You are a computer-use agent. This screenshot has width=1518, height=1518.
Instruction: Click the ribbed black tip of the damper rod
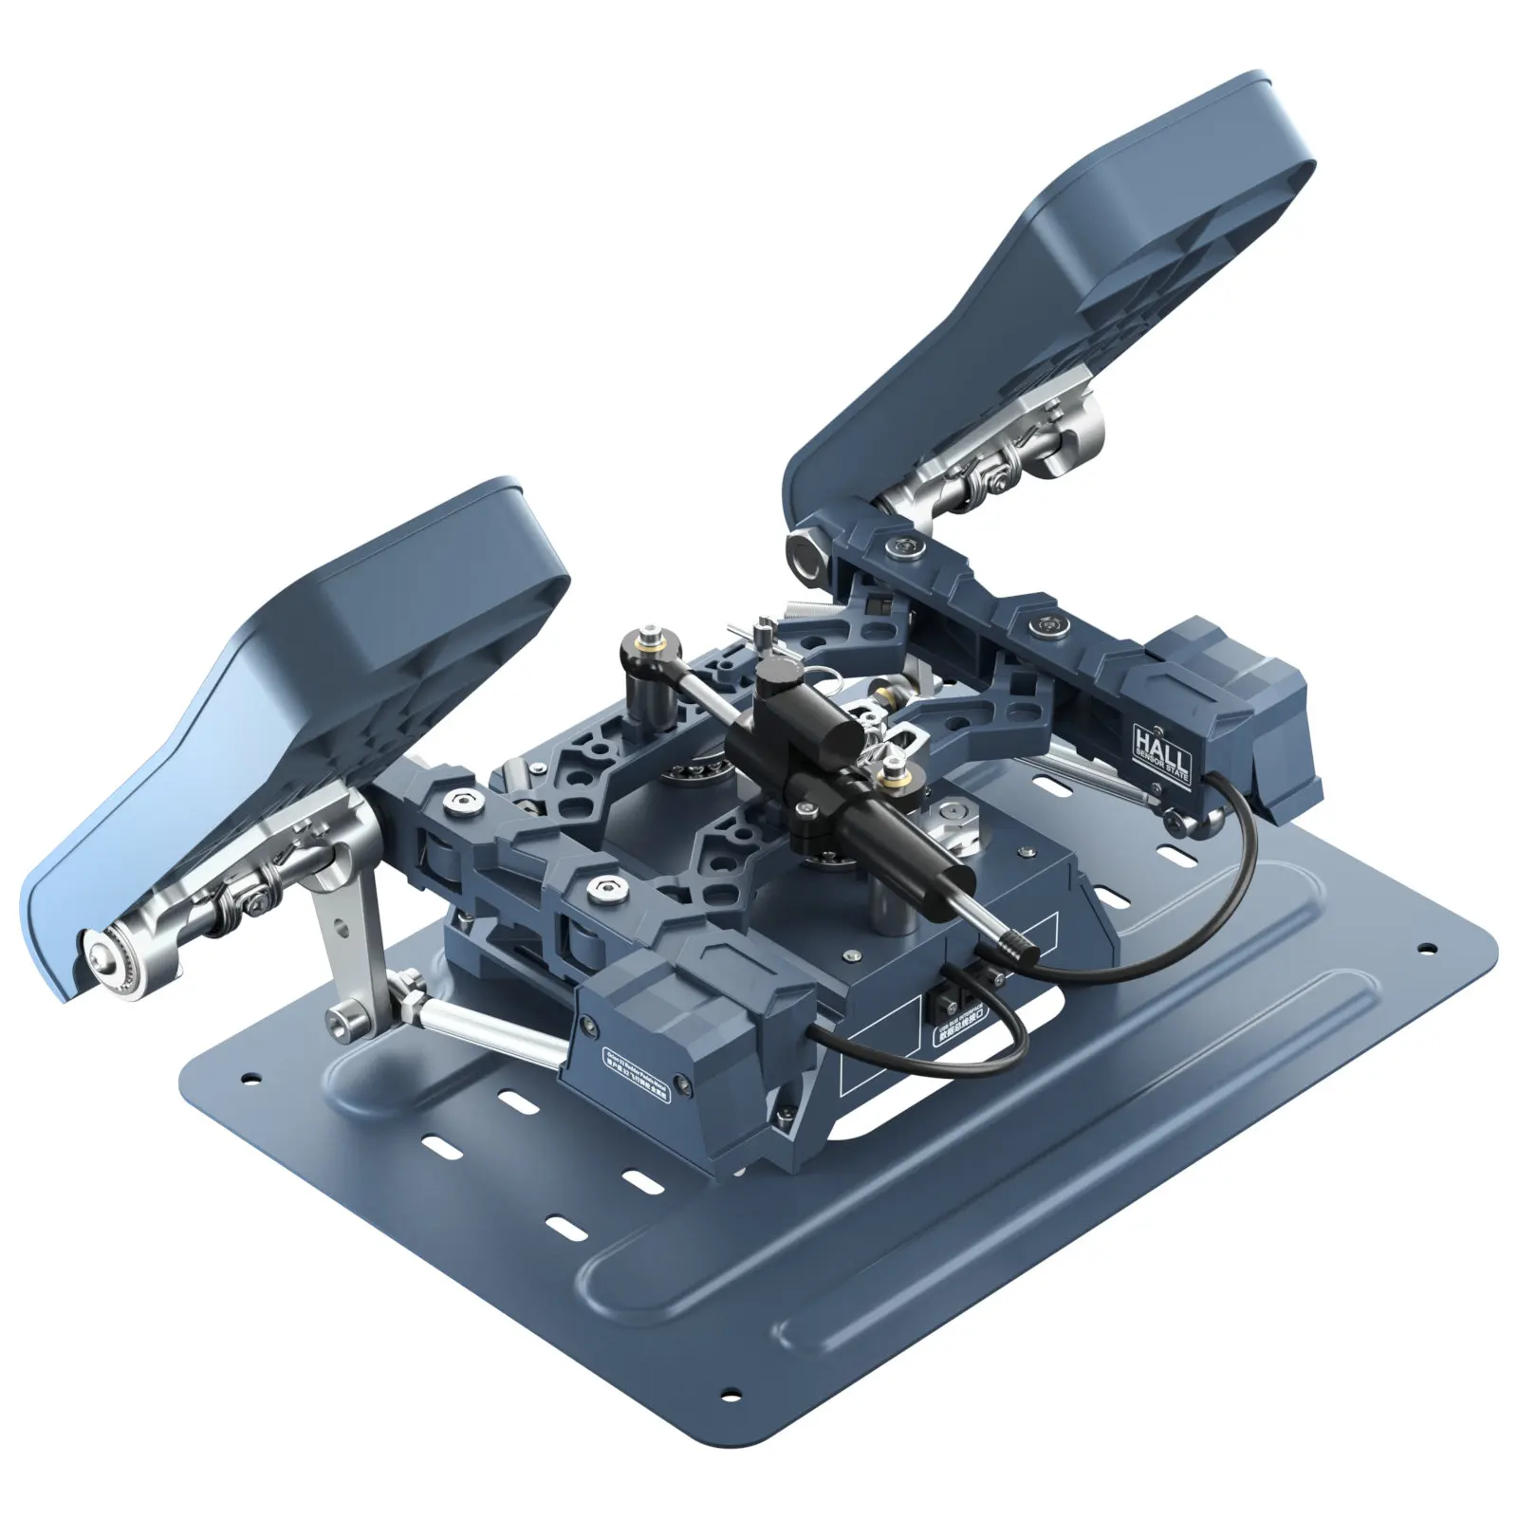1018,947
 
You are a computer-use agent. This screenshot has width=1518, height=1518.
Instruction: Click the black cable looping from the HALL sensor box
1243,854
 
